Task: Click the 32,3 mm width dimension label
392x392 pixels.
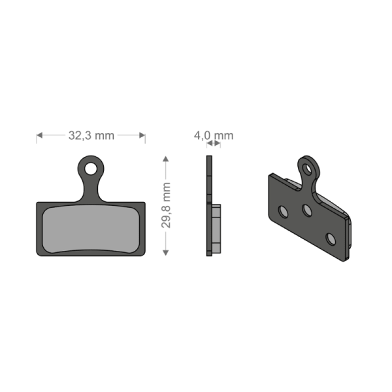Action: (x=91, y=136)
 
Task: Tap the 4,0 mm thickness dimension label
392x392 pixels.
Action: (x=213, y=136)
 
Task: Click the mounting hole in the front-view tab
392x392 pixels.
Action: (x=91, y=168)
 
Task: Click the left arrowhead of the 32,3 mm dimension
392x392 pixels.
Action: (x=39, y=136)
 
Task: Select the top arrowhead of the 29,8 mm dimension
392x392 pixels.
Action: (x=166, y=159)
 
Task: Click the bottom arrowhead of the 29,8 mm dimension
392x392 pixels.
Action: (x=166, y=252)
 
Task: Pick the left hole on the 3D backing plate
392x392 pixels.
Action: (x=283, y=212)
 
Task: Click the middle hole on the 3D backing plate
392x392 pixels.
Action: (x=306, y=211)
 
